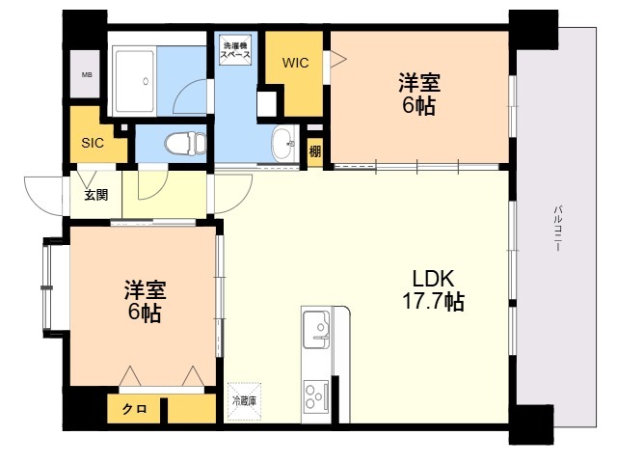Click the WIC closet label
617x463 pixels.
[x=296, y=63]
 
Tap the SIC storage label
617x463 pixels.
[x=93, y=143]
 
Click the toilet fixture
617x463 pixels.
[x=185, y=143]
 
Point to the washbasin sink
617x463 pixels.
[x=284, y=144]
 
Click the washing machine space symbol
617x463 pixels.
[x=235, y=50]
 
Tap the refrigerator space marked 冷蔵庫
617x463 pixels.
[x=244, y=401]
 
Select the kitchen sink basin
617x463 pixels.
[x=316, y=329]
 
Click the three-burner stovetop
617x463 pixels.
[x=316, y=395]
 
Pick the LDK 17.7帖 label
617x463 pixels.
[x=433, y=290]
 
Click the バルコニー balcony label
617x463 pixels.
[x=557, y=229]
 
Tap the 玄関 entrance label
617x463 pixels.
[x=96, y=195]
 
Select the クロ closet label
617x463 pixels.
[x=135, y=409]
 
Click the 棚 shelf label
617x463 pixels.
[x=314, y=151]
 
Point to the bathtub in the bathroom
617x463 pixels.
[x=135, y=81]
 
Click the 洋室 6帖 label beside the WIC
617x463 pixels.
[x=419, y=94]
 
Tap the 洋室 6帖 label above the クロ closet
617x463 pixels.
[x=145, y=301]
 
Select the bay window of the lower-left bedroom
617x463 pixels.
[x=48, y=288]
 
